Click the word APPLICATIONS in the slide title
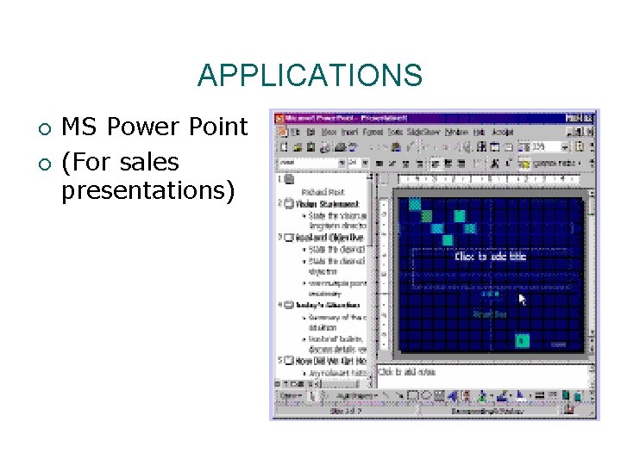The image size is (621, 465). tap(310, 76)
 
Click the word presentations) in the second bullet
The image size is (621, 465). tap(147, 189)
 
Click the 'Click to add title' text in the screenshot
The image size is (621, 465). tap(490, 257)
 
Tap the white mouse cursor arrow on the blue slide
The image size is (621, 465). tap(522, 299)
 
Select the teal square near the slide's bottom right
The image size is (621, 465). tap(521, 340)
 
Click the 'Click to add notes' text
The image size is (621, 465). tap(408, 372)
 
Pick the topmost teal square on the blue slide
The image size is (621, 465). tap(415, 204)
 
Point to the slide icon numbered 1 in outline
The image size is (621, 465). tap(288, 179)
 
